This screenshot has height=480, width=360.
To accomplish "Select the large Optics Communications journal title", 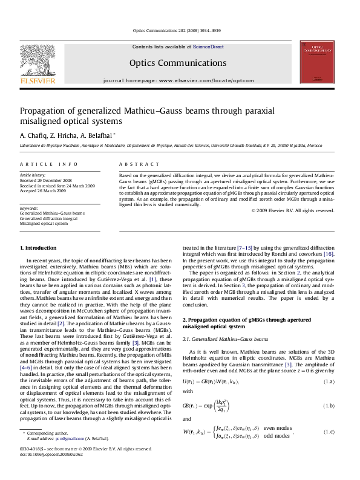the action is coord(179,62).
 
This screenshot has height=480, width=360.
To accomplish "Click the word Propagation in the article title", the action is coord(47,111).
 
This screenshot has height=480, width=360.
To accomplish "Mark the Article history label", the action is coord(32,174).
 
